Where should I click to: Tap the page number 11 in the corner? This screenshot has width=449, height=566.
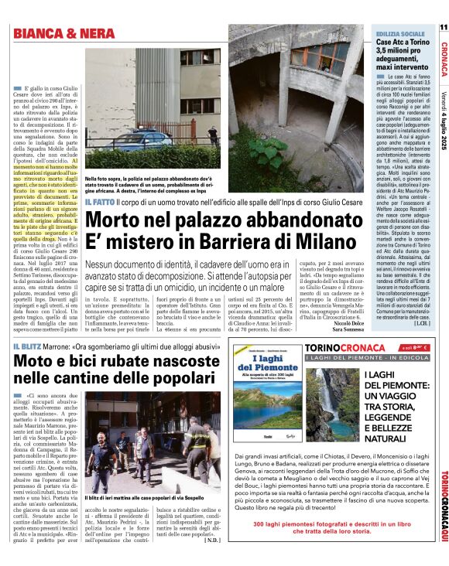[443, 28]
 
